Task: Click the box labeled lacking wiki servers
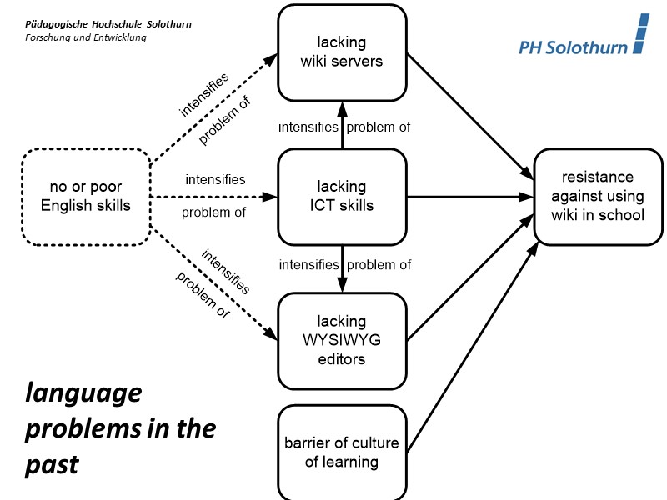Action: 342,52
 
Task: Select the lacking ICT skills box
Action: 342,197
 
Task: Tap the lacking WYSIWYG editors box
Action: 342,340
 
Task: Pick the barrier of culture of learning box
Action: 342,452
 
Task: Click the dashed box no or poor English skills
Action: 86,197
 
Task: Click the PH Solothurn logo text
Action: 573,47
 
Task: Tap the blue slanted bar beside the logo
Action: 640,34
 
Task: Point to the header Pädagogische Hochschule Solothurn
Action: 108,24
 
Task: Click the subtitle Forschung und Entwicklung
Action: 86,37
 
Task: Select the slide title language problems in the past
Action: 120,428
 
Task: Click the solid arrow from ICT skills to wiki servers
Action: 342,125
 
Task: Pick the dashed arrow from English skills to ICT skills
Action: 213,197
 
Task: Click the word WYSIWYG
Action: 342,340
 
